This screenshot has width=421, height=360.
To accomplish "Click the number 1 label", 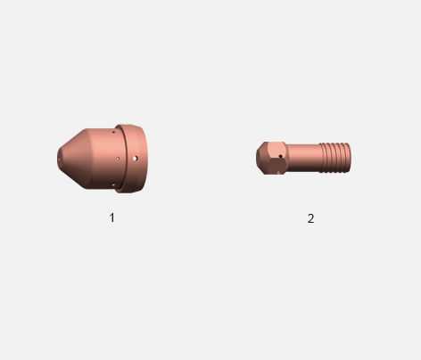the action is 111,217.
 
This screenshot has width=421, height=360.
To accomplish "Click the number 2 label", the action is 310,218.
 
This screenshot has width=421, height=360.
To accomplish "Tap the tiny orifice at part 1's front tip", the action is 59,160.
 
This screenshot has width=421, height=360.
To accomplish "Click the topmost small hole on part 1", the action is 113,132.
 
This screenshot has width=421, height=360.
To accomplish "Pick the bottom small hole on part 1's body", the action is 113,185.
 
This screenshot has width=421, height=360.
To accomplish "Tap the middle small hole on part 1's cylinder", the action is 118,159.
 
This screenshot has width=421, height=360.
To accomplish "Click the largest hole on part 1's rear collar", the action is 136,159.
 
